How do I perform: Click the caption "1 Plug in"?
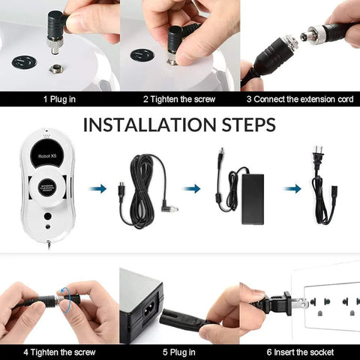tap(59, 99)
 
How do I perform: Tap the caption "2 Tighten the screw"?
tap(179, 99)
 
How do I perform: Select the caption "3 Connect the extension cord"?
tap(300, 99)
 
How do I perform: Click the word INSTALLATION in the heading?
tap(149, 124)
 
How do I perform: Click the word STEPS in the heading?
tap(249, 124)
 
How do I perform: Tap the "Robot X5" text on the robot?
tap(47, 156)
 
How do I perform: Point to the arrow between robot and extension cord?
tap(98, 188)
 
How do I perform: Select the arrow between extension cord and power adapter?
tap(192, 188)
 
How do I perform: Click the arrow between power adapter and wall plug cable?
tap(292, 188)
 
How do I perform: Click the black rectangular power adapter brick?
tap(253, 199)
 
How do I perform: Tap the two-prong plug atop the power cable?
tap(317, 156)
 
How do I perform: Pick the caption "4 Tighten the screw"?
tap(59, 352)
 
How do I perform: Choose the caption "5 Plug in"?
tap(179, 352)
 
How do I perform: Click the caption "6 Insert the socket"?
tap(300, 352)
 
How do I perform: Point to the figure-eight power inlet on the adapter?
tap(149, 310)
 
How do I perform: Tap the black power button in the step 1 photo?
tap(25, 62)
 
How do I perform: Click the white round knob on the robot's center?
tap(47, 187)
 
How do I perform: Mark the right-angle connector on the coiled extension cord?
tap(169, 206)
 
